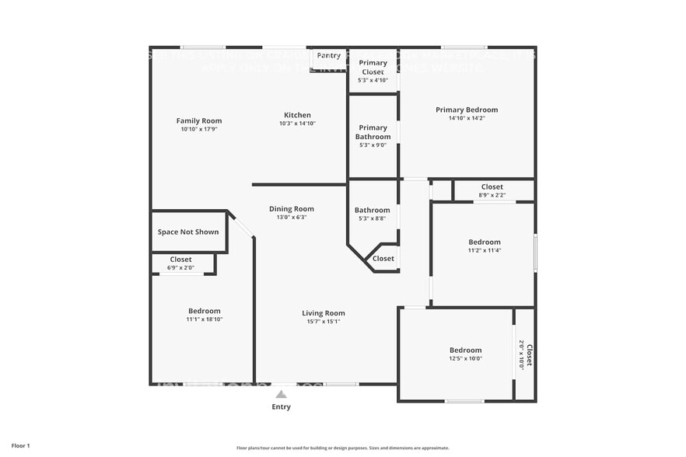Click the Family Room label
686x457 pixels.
[199, 120]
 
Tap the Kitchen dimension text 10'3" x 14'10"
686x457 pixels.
[297, 124]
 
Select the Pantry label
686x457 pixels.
[328, 56]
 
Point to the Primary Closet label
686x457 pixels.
[373, 68]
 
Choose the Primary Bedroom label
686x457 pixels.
[467, 110]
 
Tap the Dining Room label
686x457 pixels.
[292, 209]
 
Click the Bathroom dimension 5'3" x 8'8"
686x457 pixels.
[372, 218]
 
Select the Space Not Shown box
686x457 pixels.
[188, 232]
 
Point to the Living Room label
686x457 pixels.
[323, 313]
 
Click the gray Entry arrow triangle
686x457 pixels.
[281, 395]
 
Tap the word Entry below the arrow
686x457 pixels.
[281, 406]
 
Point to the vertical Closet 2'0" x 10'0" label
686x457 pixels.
[525, 355]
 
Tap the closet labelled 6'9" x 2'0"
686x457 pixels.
[180, 263]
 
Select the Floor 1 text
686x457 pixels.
[20, 445]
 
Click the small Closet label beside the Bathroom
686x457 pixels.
[383, 259]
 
